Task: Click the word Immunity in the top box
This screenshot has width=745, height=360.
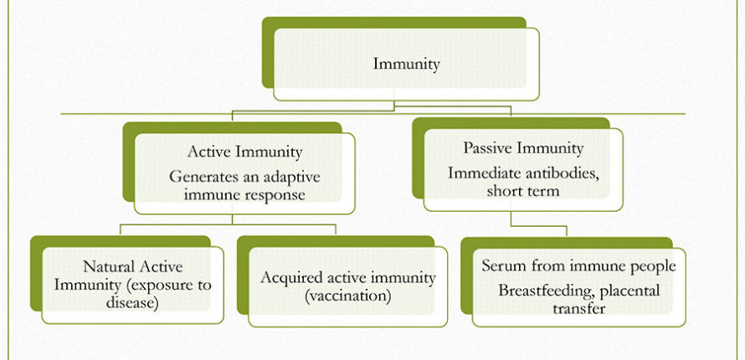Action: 406,64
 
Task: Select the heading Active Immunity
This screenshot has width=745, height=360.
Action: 244,152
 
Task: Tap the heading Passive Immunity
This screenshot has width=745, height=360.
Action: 523,148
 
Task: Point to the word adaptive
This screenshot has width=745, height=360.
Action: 290,177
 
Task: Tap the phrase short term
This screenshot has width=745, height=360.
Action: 523,191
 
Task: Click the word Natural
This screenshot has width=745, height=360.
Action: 106,266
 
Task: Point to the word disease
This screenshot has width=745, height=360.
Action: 132,303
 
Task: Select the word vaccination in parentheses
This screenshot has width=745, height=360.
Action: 347,296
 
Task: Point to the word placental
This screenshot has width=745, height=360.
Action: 630,291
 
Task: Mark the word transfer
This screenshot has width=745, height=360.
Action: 578,309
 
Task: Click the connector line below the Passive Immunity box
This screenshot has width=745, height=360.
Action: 539,226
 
